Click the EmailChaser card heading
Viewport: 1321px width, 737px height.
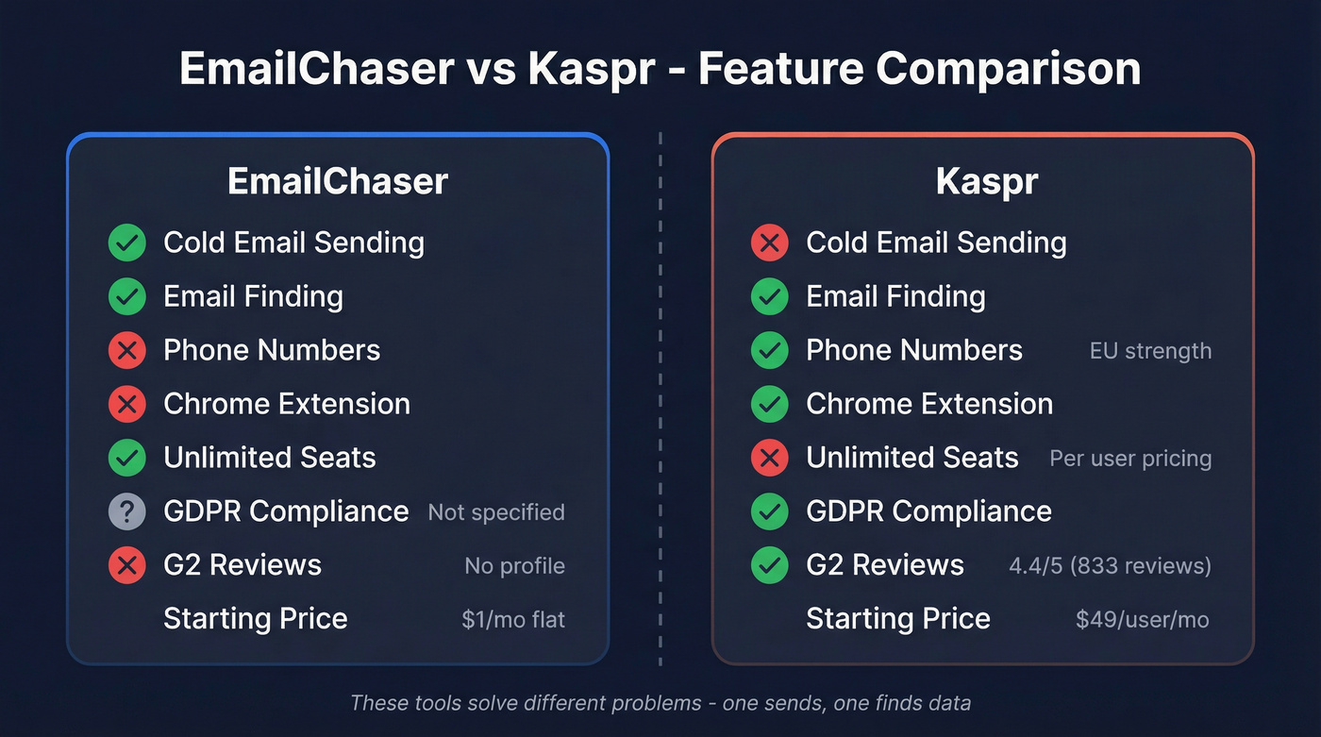pyautogui.click(x=337, y=181)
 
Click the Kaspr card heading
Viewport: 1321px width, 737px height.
pyautogui.click(x=986, y=181)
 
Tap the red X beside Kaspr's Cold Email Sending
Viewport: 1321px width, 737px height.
pyautogui.click(x=769, y=243)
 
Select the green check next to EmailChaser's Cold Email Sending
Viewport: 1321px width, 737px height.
pyautogui.click(x=126, y=243)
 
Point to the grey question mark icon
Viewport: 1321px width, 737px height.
pyautogui.click(x=126, y=511)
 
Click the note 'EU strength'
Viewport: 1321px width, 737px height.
pyautogui.click(x=1150, y=351)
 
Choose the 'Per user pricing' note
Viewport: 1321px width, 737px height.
pyautogui.click(x=1130, y=459)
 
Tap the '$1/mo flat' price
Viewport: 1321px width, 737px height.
pyautogui.click(x=513, y=619)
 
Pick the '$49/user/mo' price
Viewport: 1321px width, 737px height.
pyautogui.click(x=1142, y=619)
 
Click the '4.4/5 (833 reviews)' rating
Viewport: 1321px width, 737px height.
pyautogui.click(x=1110, y=566)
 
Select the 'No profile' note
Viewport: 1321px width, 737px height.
pyautogui.click(x=514, y=566)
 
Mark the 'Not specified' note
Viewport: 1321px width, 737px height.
pyautogui.click(x=496, y=512)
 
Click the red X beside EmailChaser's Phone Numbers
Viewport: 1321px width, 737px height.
pyautogui.click(x=126, y=350)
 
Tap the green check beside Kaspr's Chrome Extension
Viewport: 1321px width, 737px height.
pyautogui.click(x=769, y=404)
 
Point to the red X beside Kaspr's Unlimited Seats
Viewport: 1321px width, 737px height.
pyautogui.click(x=769, y=458)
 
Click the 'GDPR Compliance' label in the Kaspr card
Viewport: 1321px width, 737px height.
pyautogui.click(x=928, y=511)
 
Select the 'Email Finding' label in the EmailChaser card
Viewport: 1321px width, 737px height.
pyautogui.click(x=253, y=296)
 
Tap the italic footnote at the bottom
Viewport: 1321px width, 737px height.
pyautogui.click(x=660, y=703)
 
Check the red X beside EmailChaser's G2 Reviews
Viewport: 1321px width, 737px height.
pyautogui.click(x=126, y=565)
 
